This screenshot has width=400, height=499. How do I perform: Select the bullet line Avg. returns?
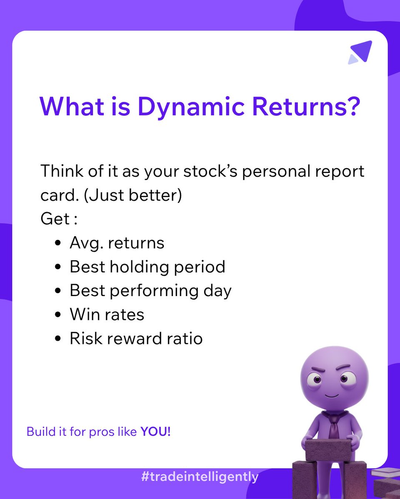[117, 242]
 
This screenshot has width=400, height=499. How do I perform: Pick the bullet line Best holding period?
[147, 267]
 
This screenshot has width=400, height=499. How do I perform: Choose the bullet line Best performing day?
[150, 290]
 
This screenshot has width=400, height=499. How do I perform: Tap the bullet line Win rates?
[107, 314]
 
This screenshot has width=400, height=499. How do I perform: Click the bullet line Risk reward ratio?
[136, 338]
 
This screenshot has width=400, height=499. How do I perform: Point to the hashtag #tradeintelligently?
[200, 477]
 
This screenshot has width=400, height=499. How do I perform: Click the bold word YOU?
[155, 431]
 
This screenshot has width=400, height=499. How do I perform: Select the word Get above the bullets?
[55, 219]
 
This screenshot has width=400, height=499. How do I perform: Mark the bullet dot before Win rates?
[58, 315]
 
